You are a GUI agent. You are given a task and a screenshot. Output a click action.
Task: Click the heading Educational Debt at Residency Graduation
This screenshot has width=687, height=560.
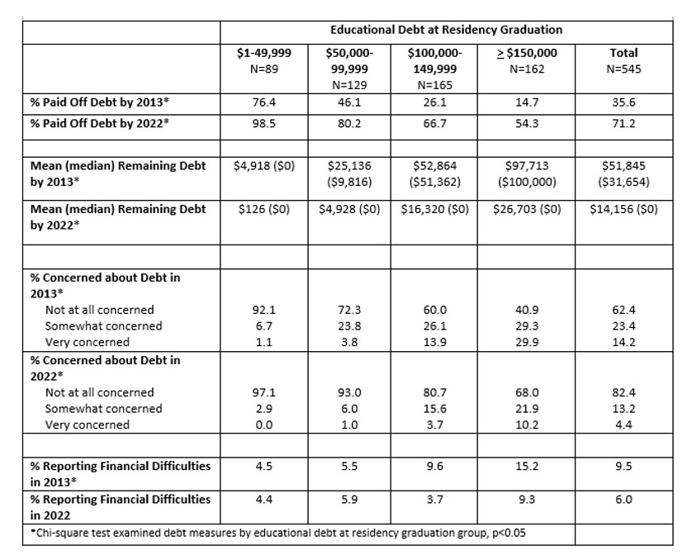tap(446, 30)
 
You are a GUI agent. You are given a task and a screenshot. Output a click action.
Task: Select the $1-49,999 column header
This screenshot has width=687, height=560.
tap(263, 61)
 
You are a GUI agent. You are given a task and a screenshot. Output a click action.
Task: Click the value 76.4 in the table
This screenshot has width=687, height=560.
tap(263, 106)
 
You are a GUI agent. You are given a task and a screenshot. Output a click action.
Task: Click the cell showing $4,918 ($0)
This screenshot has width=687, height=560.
tap(263, 165)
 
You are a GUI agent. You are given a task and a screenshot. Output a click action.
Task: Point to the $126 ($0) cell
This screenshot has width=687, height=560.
tap(263, 210)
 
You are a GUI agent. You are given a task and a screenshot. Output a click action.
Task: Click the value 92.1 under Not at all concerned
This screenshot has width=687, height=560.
tap(263, 311)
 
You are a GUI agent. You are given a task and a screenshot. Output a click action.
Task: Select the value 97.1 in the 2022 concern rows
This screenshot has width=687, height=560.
tap(263, 393)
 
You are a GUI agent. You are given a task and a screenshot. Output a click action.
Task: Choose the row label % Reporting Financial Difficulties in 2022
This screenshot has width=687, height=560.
tap(120, 506)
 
